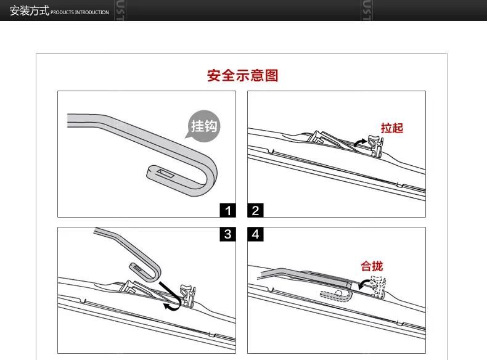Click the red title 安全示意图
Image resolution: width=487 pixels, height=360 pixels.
point(242,75)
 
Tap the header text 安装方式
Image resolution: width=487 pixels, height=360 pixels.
point(29,10)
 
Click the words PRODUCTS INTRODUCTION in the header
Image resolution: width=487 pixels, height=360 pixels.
point(80,12)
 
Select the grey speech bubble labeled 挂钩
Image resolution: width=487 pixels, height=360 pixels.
point(203,126)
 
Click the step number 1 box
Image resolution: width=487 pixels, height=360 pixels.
point(227,210)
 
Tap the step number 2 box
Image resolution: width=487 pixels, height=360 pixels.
point(255,210)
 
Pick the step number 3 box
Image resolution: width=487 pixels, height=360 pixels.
point(227,234)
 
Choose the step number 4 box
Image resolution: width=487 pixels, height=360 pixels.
point(255,234)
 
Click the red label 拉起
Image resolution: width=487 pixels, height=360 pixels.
point(392,128)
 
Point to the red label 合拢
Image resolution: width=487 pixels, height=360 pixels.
point(372,266)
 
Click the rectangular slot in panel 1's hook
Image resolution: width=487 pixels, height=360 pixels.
point(165,173)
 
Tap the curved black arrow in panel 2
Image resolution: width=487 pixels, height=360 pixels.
point(360,142)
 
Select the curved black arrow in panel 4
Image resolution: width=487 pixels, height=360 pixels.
point(362,284)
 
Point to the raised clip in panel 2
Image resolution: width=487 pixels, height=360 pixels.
point(375,145)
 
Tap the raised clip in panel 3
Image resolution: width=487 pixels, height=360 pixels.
point(187,295)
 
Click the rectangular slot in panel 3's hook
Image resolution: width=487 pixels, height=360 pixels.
point(137,268)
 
